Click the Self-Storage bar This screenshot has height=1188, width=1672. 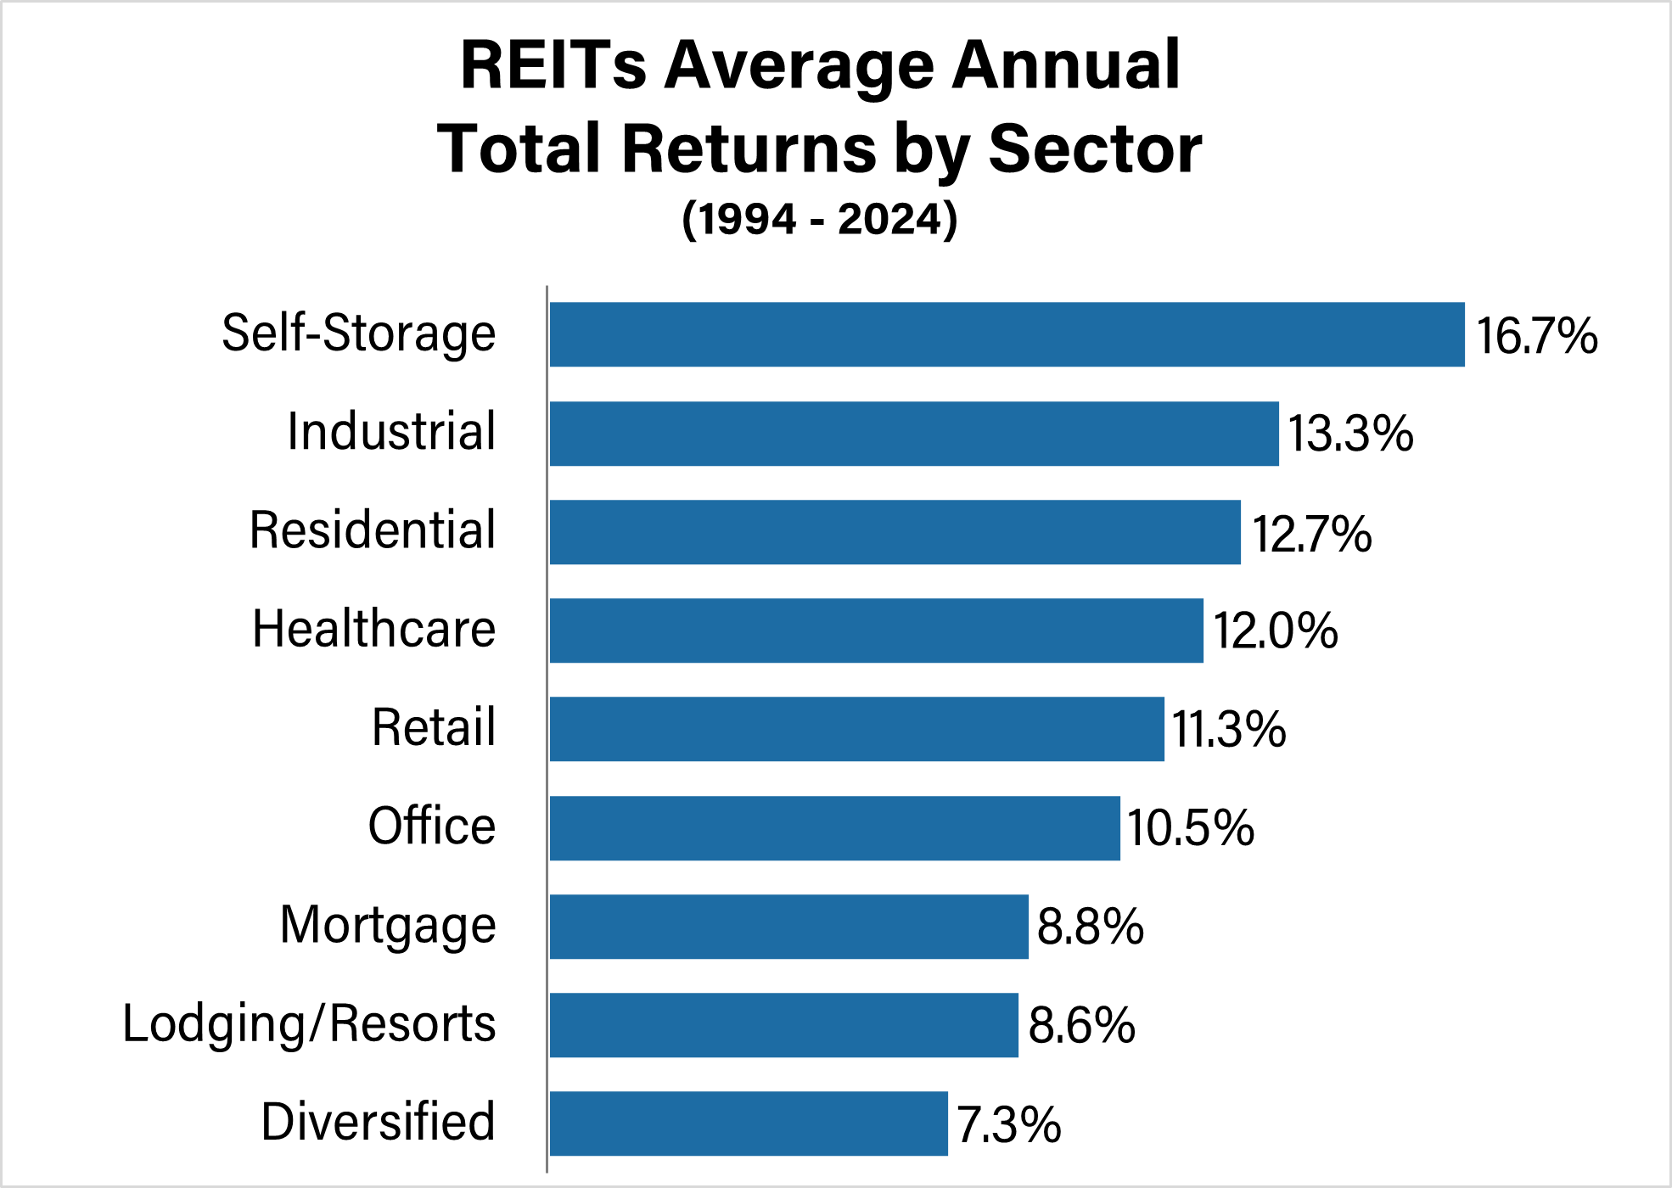point(1007,334)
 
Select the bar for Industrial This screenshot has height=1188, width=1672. point(914,434)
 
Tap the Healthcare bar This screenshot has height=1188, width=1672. point(876,630)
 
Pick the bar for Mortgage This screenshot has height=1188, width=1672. point(788,927)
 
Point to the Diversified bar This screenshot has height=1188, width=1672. point(749,1124)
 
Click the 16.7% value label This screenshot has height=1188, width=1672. point(1536,335)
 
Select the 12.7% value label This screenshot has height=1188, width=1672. point(1311,534)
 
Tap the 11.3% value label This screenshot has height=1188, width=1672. point(1228,730)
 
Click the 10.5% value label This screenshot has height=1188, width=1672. point(1190,828)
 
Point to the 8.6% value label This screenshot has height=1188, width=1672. point(1081,1025)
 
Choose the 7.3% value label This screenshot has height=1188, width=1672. point(1008,1124)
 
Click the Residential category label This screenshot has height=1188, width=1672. point(373,530)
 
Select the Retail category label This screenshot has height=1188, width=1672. point(434,727)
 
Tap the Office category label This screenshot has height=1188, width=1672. point(432,826)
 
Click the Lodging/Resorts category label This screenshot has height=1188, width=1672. point(309,1023)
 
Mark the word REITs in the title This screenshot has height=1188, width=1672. point(553,65)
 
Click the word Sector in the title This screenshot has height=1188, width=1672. point(1095,149)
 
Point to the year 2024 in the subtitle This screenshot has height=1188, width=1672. point(890,219)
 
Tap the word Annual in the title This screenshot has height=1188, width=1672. point(1065,65)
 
